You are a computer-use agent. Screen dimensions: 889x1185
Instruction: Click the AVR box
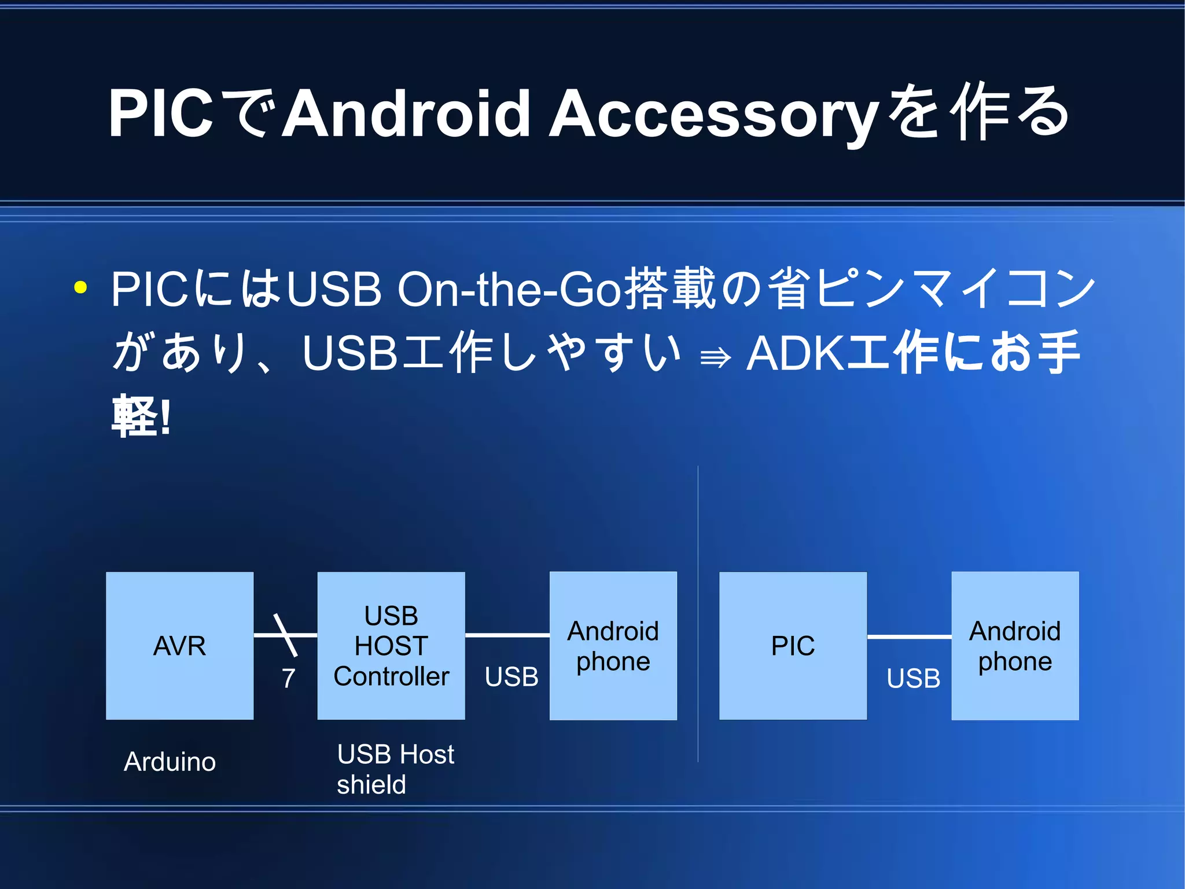(179, 646)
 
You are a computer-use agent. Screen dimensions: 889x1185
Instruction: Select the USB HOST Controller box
(391, 646)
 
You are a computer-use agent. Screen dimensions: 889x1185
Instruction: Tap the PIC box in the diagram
(793, 646)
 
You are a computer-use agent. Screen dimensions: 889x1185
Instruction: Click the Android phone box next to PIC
(1015, 646)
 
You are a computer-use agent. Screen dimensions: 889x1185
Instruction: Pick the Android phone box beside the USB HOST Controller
(613, 646)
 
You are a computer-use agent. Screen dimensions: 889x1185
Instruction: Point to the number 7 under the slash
(288, 678)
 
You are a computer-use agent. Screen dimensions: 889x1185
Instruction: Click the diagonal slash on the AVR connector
(285, 635)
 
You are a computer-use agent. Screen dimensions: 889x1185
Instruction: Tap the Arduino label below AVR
(170, 762)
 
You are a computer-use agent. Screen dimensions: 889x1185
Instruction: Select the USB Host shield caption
(395, 770)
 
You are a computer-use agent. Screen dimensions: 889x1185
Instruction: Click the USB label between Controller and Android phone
(511, 677)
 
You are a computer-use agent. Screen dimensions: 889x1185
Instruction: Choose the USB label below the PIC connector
(913, 678)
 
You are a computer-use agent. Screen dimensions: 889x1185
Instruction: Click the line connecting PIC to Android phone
(909, 636)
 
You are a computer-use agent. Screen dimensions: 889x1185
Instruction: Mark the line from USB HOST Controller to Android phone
(507, 635)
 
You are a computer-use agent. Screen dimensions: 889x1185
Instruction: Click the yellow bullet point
(80, 287)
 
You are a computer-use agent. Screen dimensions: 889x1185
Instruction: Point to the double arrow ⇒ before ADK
(715, 358)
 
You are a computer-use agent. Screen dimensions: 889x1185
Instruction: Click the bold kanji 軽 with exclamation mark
(141, 416)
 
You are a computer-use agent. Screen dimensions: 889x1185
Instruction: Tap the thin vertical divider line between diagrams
(698, 614)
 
